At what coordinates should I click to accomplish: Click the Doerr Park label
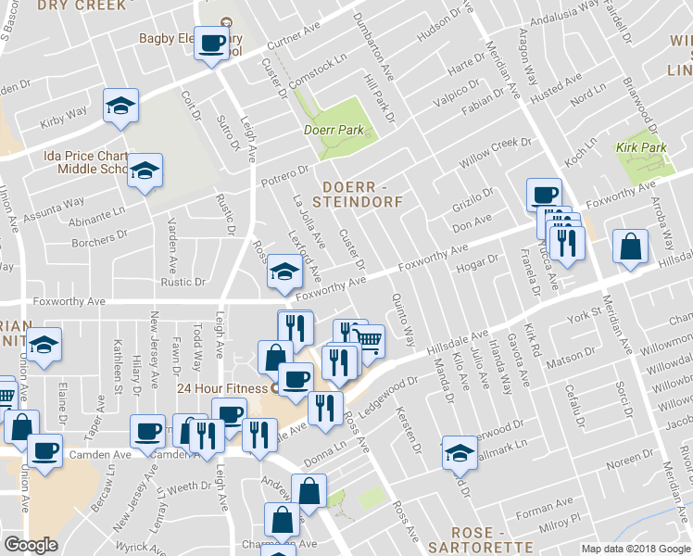(334, 131)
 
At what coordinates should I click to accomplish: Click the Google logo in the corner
(31, 545)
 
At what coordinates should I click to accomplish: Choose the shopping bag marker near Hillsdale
(630, 246)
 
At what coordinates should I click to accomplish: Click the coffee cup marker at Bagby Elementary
(211, 41)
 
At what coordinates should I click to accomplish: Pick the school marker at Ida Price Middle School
(145, 171)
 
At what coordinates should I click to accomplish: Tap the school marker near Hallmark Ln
(458, 451)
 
